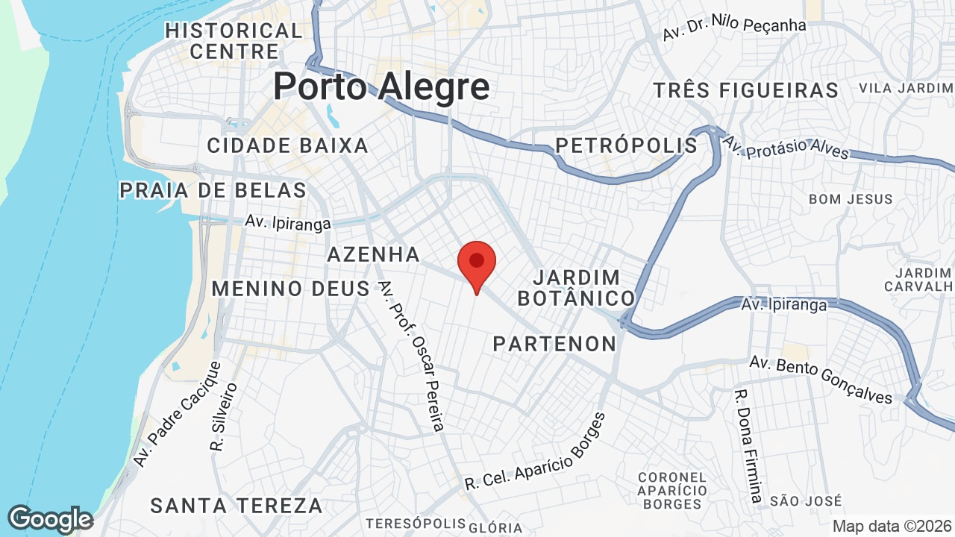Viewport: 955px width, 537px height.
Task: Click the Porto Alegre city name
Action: click(381, 87)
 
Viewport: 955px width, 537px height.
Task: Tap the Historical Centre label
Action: click(234, 41)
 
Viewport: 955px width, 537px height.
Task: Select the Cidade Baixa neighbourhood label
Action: click(287, 145)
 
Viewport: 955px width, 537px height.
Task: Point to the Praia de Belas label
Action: click(213, 190)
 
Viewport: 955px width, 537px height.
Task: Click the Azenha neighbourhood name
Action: click(374, 254)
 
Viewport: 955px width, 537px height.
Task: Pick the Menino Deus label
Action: click(291, 289)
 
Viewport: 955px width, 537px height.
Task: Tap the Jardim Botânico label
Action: click(577, 288)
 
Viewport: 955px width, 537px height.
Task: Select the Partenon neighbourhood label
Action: click(554, 344)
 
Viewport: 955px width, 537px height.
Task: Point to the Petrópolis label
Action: click(627, 145)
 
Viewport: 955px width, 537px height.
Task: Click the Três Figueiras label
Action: click(746, 91)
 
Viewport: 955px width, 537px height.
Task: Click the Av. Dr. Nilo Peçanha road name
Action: click(735, 28)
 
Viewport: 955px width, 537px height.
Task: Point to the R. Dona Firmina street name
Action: click(748, 446)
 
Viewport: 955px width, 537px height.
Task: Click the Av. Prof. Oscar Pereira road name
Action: click(411, 356)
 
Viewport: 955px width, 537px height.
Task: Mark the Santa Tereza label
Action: click(237, 506)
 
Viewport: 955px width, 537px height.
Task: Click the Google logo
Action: click(50, 519)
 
